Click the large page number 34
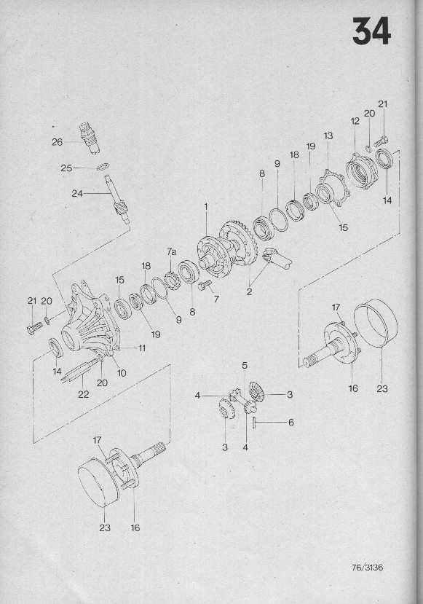tap(371, 31)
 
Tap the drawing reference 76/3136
tap(368, 568)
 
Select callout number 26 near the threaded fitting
tap(57, 142)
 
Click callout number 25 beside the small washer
tap(66, 168)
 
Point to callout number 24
tap(77, 193)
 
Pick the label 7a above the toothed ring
tap(172, 252)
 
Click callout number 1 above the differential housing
tap(206, 207)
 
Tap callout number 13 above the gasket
tap(328, 136)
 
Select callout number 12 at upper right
tap(355, 121)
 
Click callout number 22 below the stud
tap(83, 394)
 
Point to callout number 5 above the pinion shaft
tap(245, 365)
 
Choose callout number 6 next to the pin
tap(291, 423)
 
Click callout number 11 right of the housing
tap(143, 348)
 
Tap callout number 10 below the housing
tap(122, 373)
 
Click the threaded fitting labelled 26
tap(90, 138)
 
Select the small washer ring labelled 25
tap(103, 167)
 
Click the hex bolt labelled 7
tap(204, 285)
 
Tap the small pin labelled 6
tap(255, 422)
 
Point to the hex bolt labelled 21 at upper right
tap(381, 141)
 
